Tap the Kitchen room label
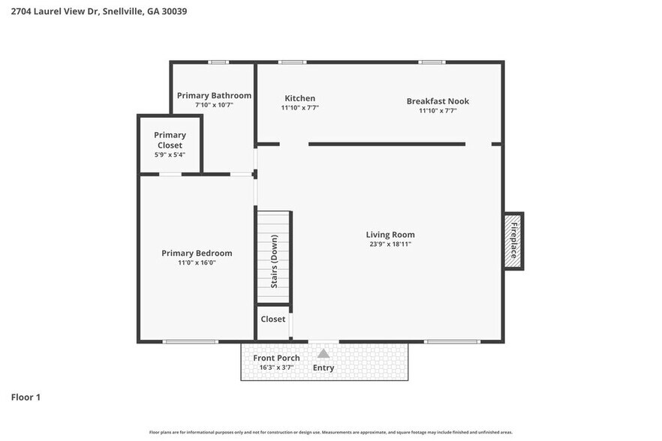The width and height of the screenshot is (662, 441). (299, 98)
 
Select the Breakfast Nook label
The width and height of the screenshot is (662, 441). (438, 101)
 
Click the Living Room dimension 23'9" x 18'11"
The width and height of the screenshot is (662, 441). (390, 244)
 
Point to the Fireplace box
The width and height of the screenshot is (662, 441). (513, 241)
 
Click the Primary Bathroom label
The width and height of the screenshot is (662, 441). (214, 95)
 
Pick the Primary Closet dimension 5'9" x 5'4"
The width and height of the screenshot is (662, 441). (170, 154)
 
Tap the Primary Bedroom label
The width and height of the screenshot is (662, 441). (197, 253)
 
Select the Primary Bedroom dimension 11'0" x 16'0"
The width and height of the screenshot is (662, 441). (197, 263)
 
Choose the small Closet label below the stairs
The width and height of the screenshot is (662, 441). (272, 319)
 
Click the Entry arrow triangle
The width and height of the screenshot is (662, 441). (323, 353)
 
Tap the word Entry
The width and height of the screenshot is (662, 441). (323, 367)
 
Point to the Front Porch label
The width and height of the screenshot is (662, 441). (276, 358)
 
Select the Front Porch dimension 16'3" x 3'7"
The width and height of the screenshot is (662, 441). (276, 367)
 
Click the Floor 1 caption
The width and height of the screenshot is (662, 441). (26, 397)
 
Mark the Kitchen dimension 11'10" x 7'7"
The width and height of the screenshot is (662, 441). (299, 108)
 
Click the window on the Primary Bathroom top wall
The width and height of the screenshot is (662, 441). (218, 62)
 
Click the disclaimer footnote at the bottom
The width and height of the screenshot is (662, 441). (331, 432)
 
